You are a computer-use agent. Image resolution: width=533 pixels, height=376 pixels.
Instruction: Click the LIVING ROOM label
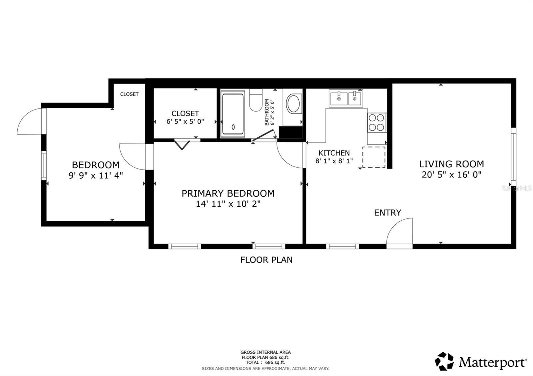[x=451, y=164]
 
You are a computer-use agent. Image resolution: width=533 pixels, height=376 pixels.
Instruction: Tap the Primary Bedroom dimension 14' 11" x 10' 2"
[x=228, y=204]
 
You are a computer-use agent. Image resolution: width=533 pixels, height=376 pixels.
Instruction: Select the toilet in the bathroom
[x=256, y=101]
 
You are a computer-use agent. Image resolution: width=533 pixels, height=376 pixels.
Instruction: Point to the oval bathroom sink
[x=294, y=104]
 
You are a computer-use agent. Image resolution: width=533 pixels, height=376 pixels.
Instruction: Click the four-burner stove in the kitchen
[x=376, y=122]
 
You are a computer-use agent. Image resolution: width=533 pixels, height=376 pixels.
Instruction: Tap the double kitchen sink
[x=346, y=98]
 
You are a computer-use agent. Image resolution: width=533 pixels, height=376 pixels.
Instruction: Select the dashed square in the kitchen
[x=374, y=157]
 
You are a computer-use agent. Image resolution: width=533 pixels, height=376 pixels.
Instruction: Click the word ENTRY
[x=387, y=213]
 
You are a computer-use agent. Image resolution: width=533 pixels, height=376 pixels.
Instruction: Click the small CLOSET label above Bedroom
[x=129, y=94]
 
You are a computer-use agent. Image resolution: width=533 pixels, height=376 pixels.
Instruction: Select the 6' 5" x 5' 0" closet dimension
[x=185, y=121]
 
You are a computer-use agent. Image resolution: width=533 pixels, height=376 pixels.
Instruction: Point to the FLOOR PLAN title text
[x=266, y=260]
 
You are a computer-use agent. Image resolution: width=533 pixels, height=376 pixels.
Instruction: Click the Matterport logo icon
[x=444, y=361]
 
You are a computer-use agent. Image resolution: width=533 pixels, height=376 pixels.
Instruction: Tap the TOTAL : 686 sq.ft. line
[x=266, y=362]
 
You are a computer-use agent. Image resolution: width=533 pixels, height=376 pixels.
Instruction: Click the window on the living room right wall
[x=513, y=156]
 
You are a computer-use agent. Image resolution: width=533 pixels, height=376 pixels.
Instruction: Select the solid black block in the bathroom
[x=290, y=132]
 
